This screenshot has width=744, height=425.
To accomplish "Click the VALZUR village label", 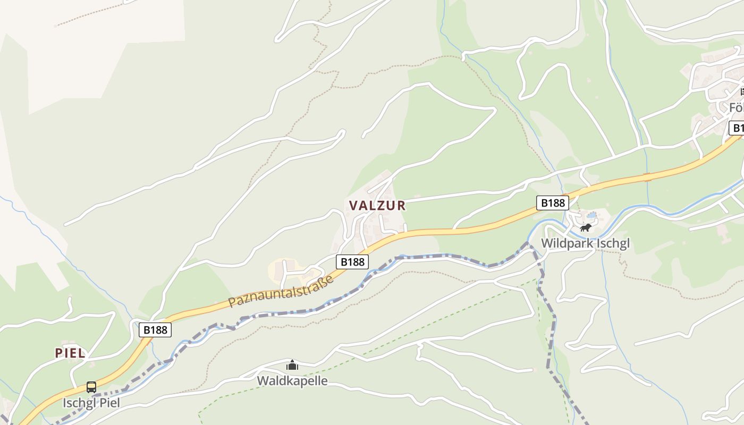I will pyautogui.click(x=377, y=206).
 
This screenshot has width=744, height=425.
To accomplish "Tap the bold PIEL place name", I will pyautogui.click(x=70, y=353).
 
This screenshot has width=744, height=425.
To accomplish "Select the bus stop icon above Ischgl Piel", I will pyautogui.click(x=91, y=387).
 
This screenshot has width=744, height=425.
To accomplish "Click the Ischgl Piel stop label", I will pyautogui.click(x=91, y=403).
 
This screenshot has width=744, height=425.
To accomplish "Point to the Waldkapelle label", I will pyautogui.click(x=292, y=380).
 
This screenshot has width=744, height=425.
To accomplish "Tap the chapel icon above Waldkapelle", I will pyautogui.click(x=292, y=365).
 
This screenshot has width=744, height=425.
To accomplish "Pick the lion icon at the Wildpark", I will pyautogui.click(x=586, y=228).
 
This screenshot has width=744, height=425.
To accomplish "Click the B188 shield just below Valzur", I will pyautogui.click(x=352, y=261).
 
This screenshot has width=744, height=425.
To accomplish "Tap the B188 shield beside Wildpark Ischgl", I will pyautogui.click(x=553, y=202).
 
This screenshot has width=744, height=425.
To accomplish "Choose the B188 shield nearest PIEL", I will pyautogui.click(x=156, y=329).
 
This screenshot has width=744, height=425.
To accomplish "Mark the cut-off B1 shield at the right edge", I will pyautogui.click(x=737, y=128).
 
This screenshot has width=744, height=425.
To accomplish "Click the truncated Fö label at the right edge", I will pyautogui.click(x=736, y=108).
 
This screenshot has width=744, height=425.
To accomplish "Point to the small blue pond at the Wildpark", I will pyautogui.click(x=591, y=215).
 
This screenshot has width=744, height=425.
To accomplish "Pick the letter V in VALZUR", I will pyautogui.click(x=353, y=206).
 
